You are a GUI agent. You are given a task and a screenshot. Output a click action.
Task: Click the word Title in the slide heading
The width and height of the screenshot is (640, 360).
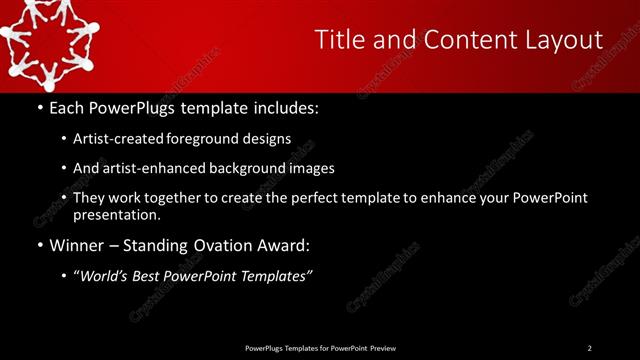[338, 40]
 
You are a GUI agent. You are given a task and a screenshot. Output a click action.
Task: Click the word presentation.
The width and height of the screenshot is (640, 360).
[115, 214]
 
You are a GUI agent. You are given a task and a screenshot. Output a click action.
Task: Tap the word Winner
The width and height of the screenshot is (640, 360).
[77, 245]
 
